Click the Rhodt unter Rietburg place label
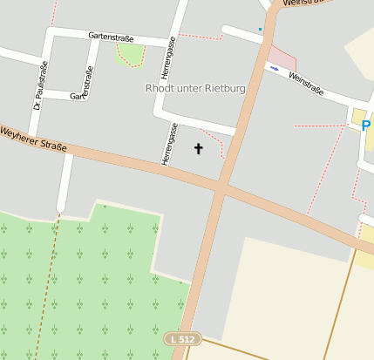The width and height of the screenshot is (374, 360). click(x=195, y=88)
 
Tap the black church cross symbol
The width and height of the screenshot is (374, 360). click(x=198, y=149)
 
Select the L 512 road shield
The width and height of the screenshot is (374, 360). click(x=183, y=338)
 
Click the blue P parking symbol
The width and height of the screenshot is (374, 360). click(x=366, y=126)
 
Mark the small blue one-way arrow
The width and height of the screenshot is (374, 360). click(x=275, y=68)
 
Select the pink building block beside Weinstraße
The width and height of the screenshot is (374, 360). click(x=282, y=58)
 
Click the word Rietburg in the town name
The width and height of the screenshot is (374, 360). click(x=224, y=88)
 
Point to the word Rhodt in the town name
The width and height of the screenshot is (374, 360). click(x=157, y=88)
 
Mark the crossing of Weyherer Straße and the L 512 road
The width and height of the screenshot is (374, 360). click(x=221, y=186)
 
